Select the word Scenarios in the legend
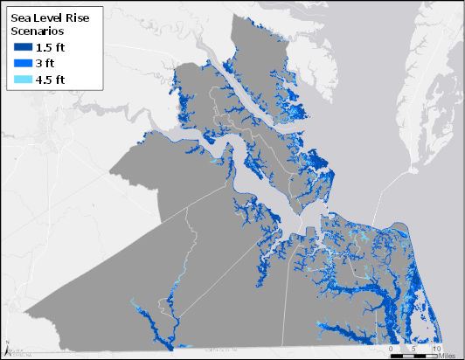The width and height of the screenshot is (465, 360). (x=40, y=31)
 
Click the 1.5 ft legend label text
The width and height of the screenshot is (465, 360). (x=52, y=48)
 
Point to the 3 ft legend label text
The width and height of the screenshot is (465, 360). (x=48, y=64)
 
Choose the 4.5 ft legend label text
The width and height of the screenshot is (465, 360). (x=52, y=80)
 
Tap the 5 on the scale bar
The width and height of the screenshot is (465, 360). (x=413, y=348)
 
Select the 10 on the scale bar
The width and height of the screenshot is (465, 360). (x=437, y=348)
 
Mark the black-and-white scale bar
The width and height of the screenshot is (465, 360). (x=413, y=355)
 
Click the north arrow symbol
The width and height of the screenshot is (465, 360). (x=7, y=350)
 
